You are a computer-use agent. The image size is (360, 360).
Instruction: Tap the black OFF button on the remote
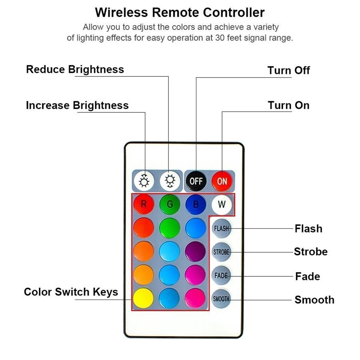pos(196,181)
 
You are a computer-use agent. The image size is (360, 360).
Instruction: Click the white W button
pos(222,204)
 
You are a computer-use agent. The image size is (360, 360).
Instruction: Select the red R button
pos(144,204)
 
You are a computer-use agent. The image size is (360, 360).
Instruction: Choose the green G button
pos(170,204)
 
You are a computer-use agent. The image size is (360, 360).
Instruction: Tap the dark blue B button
pos(196,204)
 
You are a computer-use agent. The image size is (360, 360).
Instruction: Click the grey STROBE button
pos(221,252)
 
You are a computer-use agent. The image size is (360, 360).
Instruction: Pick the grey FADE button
pos(221,276)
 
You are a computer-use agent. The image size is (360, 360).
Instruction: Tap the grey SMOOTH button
pos(221,299)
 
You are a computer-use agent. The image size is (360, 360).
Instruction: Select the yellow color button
pos(143,298)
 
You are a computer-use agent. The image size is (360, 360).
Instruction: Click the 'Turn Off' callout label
pos(288,70)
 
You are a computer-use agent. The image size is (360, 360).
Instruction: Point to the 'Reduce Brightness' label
pos(75,69)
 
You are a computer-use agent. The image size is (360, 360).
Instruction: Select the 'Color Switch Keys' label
pos(71,292)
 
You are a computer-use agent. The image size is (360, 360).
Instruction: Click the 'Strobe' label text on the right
pos(310,252)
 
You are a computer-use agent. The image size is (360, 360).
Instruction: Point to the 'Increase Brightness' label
pos(77,105)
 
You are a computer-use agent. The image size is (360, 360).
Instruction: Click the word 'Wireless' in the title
pos(121,12)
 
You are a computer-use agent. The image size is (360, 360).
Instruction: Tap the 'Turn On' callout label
pos(288,105)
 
